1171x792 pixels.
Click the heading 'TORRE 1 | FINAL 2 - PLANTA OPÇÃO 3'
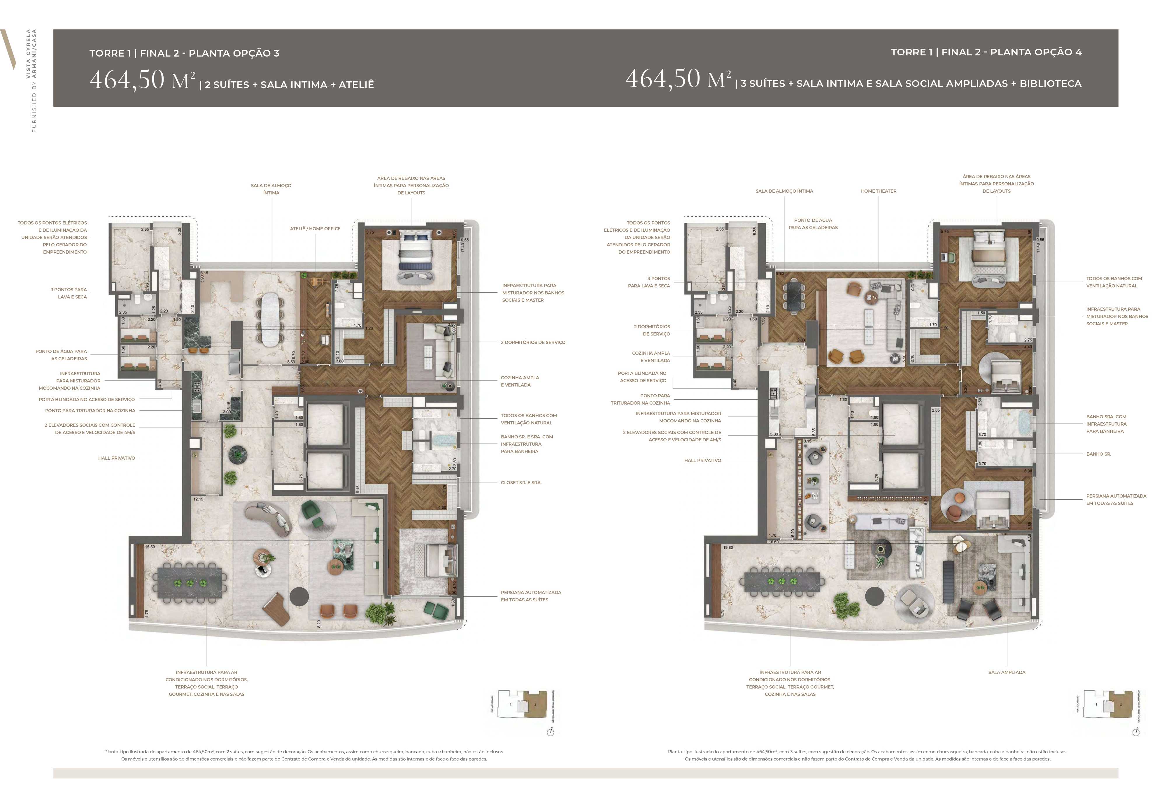(184, 53)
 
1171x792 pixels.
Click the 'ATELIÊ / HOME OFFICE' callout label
(315, 229)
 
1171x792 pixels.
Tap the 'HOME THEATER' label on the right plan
(878, 191)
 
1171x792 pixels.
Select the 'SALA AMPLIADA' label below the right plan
(1006, 672)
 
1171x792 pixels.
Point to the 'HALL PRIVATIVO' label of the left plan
(116, 458)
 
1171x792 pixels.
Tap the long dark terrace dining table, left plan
(190, 583)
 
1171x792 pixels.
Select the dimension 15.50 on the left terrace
(150, 547)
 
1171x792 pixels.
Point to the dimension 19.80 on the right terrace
(728, 547)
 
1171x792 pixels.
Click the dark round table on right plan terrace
(874, 596)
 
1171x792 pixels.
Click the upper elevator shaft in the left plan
(325, 424)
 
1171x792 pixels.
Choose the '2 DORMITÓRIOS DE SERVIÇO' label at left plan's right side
(533, 342)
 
